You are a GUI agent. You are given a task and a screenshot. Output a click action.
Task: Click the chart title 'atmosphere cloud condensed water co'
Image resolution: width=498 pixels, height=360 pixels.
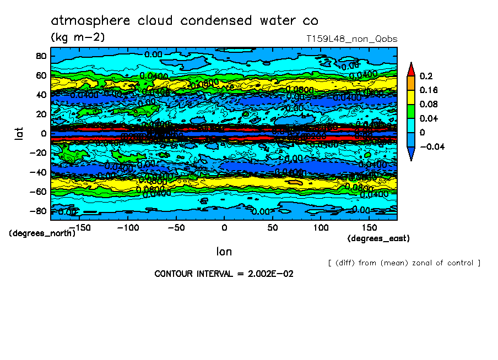coord(185,21)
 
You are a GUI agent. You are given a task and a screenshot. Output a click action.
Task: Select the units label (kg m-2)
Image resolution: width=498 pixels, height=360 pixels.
coord(77,37)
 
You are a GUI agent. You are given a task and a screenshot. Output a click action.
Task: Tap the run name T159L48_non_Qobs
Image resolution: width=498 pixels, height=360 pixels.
coord(351,39)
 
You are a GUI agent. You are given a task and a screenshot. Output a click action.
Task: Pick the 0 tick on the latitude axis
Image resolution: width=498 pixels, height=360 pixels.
coord(43,133)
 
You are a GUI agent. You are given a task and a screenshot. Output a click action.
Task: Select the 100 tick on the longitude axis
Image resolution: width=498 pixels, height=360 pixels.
coord(321,227)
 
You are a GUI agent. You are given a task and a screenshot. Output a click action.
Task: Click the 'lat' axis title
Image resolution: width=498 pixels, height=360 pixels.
coord(18,133)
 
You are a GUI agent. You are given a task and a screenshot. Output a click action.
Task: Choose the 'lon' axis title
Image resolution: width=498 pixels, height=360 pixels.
coord(224,252)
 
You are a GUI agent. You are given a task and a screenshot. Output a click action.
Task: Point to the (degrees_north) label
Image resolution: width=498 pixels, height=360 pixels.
coord(42,233)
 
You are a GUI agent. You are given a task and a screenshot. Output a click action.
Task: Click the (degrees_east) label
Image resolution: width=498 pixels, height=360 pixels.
coord(378,238)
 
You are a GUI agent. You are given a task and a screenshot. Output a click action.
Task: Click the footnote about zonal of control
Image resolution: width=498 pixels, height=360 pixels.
coord(404,263)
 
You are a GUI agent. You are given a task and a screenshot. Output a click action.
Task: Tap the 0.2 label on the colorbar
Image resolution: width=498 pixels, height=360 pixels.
coord(425,76)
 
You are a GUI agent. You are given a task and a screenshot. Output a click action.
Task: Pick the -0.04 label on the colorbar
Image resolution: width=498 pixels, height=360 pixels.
coord(431,146)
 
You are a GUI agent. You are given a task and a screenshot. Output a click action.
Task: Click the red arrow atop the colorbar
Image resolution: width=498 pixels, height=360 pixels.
coord(410,69)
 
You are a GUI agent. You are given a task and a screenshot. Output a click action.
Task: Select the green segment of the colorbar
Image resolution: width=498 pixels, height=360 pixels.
coord(410,111)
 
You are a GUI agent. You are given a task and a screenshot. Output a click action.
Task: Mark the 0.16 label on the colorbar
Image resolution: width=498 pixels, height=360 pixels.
coord(427,90)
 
